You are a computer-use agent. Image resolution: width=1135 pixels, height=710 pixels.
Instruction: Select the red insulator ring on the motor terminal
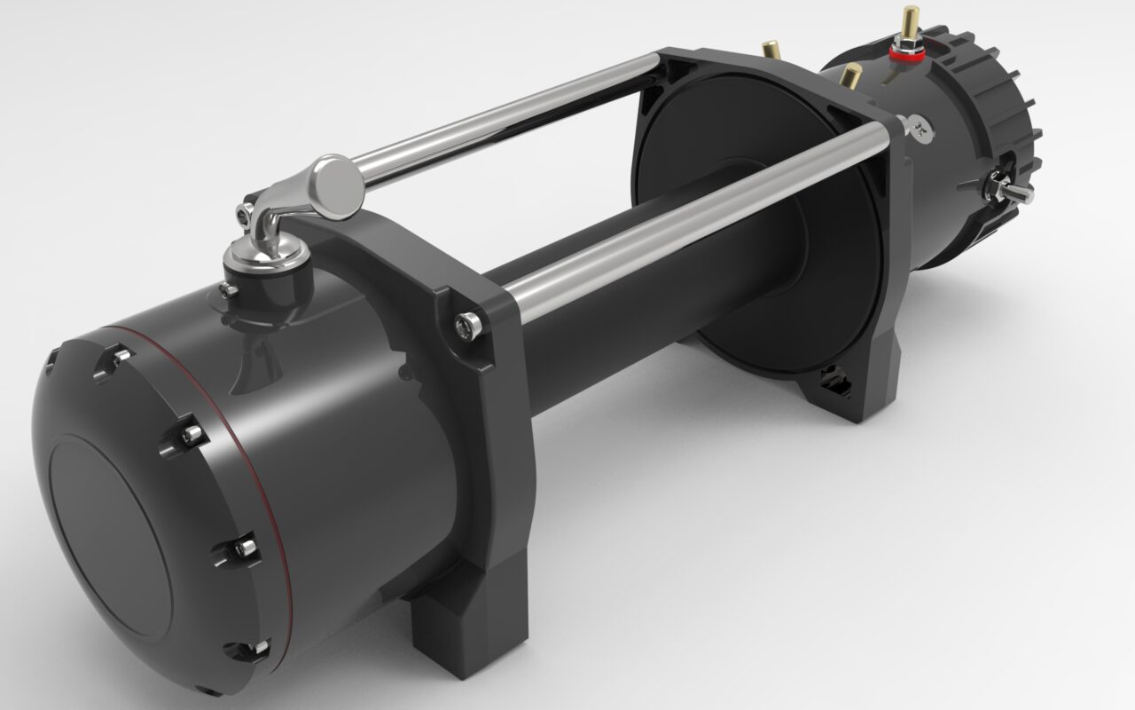(x=905, y=52)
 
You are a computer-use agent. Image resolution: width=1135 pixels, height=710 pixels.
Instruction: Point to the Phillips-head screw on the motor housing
(x=920, y=130)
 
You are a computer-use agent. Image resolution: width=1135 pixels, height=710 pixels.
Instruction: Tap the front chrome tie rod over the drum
(x=692, y=213)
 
